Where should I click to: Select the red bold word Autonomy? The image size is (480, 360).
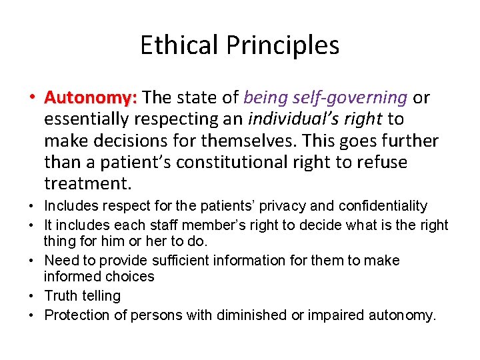[x=90, y=98]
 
